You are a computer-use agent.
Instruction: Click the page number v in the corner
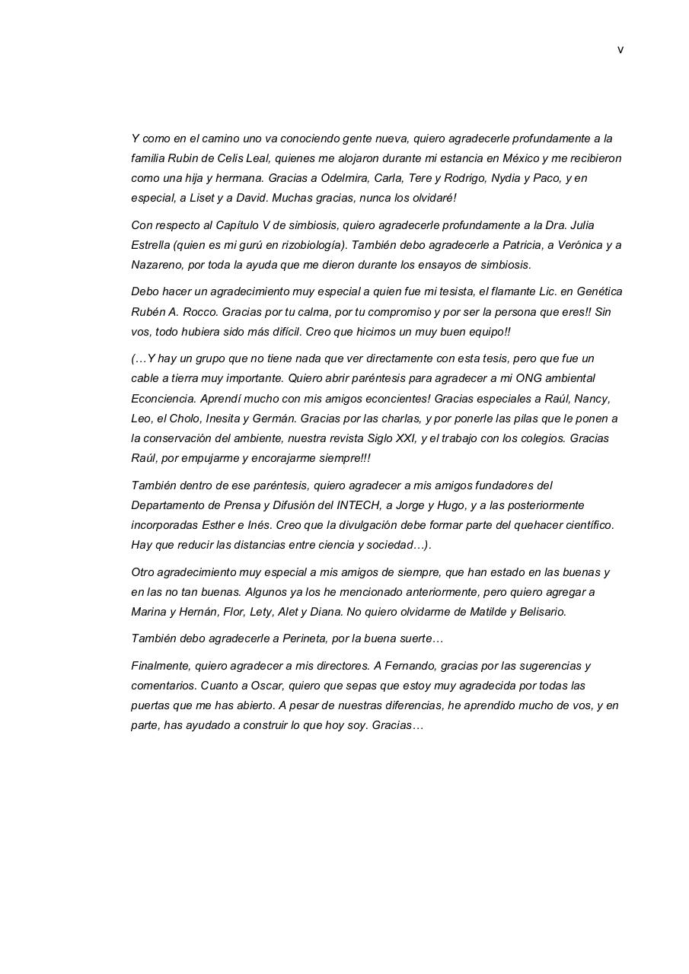tap(620, 50)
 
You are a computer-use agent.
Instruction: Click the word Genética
tap(599, 291)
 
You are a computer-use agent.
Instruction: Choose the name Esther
tap(219, 525)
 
